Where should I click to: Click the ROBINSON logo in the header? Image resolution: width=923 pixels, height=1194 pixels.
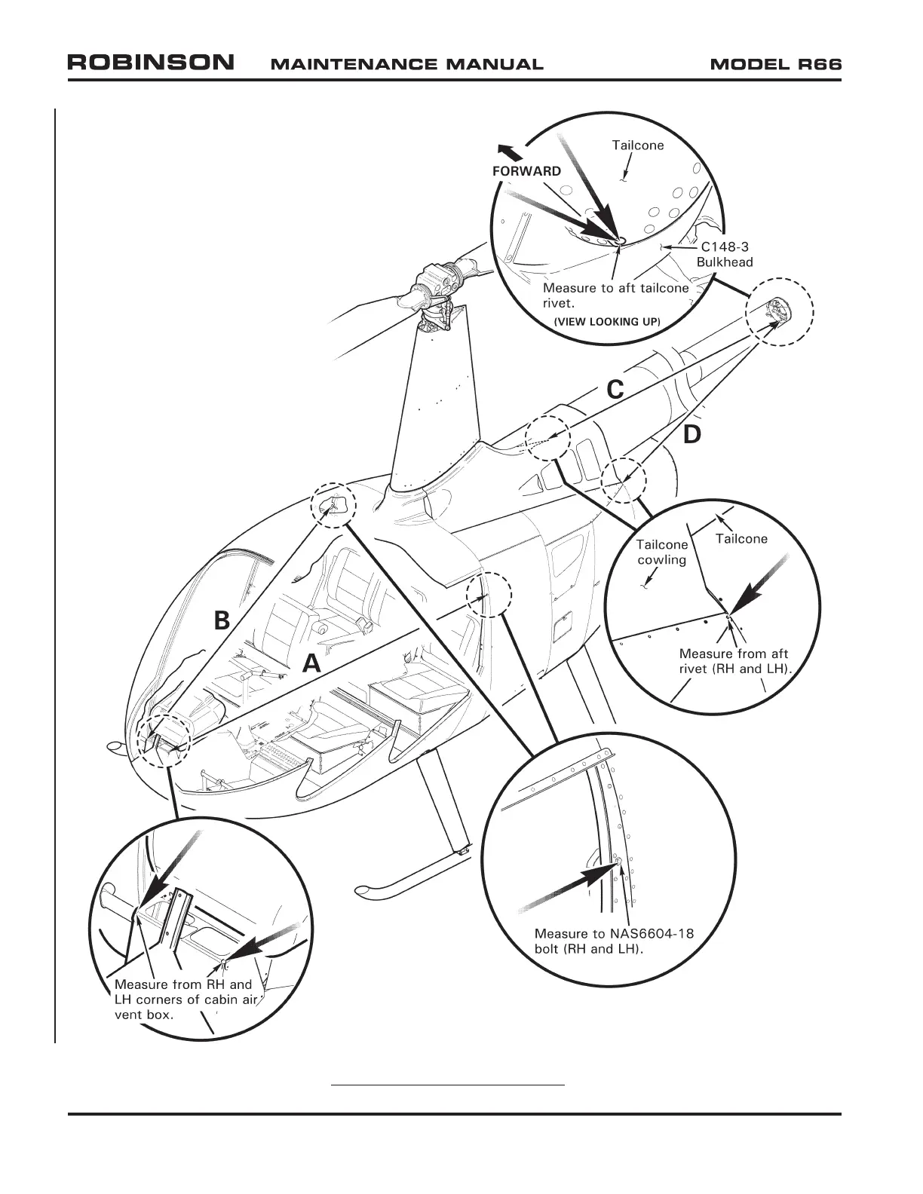tap(151, 63)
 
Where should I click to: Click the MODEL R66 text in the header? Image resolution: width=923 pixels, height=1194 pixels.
tap(776, 64)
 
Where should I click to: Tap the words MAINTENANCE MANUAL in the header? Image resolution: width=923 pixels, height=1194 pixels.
tap(406, 64)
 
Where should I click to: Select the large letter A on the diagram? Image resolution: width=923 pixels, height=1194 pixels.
tap(311, 664)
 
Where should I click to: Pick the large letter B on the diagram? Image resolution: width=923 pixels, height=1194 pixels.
tap(221, 620)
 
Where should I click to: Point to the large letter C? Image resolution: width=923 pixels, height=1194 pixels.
tap(615, 390)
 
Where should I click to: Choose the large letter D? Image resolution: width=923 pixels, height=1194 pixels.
tap(692, 435)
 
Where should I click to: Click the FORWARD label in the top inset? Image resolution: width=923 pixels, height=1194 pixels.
tap(526, 171)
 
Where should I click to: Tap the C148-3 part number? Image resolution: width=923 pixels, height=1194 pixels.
tap(725, 246)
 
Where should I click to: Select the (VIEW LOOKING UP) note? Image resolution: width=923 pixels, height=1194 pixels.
tap(607, 322)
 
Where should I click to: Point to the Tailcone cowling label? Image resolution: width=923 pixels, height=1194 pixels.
tap(661, 552)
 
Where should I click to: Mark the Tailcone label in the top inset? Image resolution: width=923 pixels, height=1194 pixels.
tap(638, 145)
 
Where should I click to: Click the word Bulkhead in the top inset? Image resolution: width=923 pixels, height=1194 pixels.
tap(724, 262)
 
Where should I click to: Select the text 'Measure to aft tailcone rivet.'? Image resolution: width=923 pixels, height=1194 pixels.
tap(615, 295)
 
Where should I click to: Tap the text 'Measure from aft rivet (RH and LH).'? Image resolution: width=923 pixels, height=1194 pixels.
tap(733, 661)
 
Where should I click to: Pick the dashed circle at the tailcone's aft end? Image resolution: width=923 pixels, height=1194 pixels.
tap(780, 311)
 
